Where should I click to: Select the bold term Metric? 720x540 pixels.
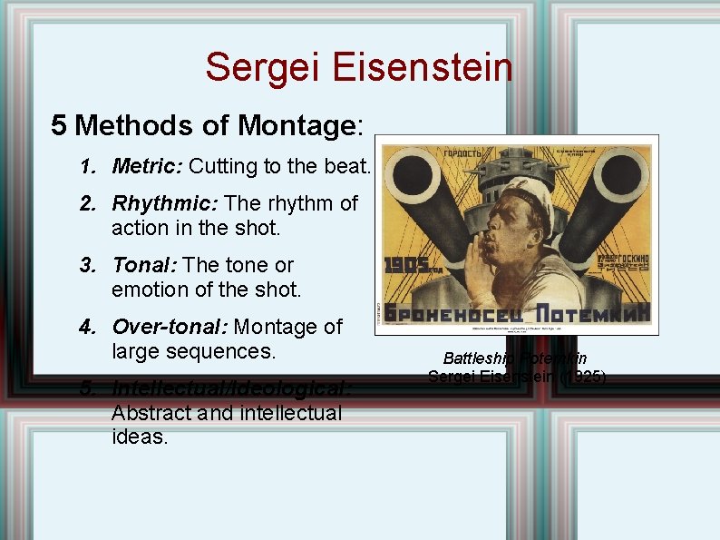point(147,166)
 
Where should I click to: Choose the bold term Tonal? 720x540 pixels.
point(144,265)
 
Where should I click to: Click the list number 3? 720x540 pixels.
point(86,265)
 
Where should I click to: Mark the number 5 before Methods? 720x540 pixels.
point(59,125)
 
